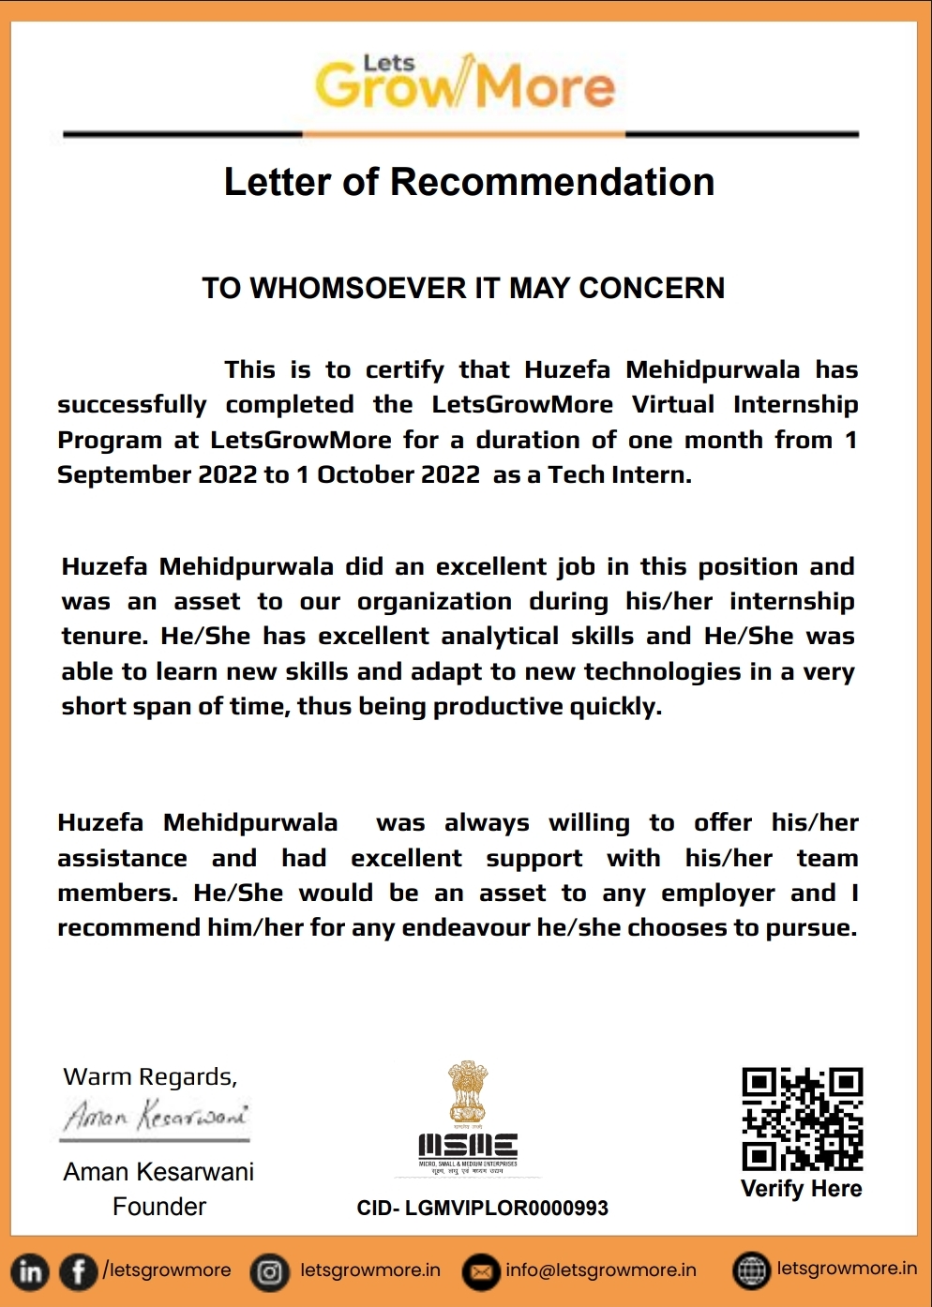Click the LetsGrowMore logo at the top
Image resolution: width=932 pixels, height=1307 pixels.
[x=465, y=83]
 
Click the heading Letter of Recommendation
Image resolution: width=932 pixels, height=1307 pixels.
[x=469, y=182]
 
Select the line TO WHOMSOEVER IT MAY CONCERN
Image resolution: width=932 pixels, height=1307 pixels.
[x=463, y=288]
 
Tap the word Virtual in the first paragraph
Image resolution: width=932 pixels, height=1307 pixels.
[x=672, y=404]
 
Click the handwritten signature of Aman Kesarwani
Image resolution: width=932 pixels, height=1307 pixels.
[x=156, y=1116]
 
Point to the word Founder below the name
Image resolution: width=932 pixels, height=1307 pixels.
[x=159, y=1207]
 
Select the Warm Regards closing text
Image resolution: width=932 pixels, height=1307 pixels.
[x=150, y=1076]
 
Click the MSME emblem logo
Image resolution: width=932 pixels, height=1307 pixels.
[x=467, y=1118]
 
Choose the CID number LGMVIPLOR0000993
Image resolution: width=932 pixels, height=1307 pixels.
[x=483, y=1209]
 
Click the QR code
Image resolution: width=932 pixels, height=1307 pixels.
[x=802, y=1119]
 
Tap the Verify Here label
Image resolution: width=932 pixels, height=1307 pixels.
[x=802, y=1189]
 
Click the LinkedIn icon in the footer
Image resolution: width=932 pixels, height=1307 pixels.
[x=30, y=1272]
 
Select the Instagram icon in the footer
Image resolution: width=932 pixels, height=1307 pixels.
[x=270, y=1272]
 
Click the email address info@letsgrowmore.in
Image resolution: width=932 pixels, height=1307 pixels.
[x=600, y=1270]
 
